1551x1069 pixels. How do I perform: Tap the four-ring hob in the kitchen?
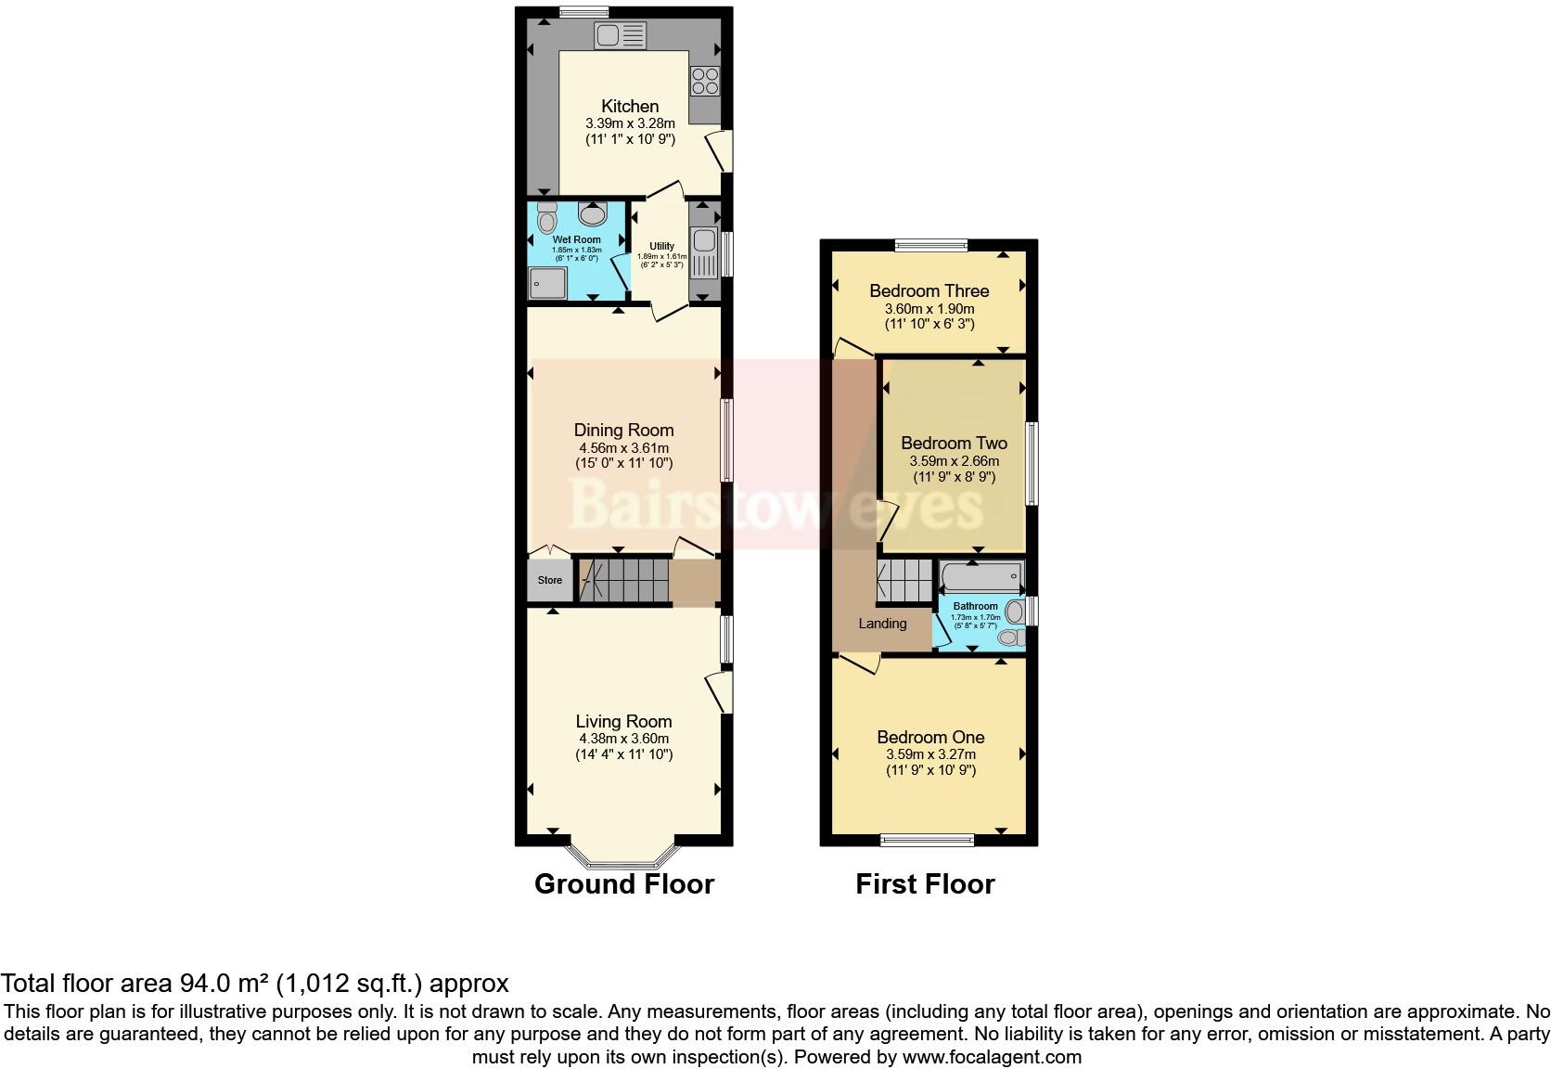tap(705, 81)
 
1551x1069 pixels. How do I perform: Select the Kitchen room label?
tap(630, 106)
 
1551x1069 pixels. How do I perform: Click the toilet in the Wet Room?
tap(546, 218)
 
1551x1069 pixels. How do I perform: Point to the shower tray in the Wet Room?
tap(547, 283)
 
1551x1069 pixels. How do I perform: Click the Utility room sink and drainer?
tap(703, 252)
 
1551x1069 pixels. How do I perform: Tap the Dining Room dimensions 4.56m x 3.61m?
tap(623, 447)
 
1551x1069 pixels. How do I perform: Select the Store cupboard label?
tap(550, 580)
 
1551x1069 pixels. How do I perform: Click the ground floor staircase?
tap(622, 580)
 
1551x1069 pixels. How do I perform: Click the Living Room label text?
tap(623, 721)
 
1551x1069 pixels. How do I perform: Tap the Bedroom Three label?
tap(929, 290)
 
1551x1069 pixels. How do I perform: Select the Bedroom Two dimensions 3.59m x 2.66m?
tap(954, 460)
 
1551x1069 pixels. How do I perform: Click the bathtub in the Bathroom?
tap(981, 577)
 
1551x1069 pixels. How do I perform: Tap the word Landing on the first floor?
tap(881, 624)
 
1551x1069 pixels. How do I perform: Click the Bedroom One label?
tap(930, 737)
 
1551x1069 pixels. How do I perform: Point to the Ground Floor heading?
tap(623, 884)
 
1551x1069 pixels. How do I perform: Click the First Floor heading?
tap(925, 884)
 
